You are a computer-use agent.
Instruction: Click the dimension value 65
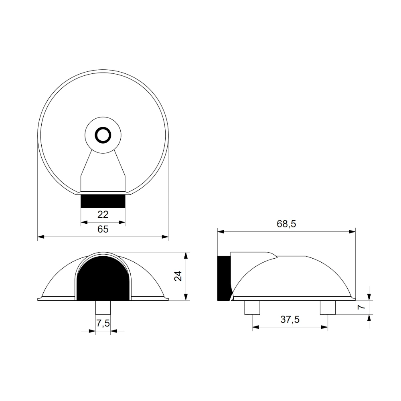pyautogui.click(x=103, y=229)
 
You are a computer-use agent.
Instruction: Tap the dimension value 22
pyautogui.click(x=103, y=214)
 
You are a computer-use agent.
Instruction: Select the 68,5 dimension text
pyautogui.click(x=286, y=224)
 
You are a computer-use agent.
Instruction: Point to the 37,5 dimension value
pyautogui.click(x=290, y=320)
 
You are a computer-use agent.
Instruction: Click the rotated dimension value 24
pyautogui.click(x=178, y=276)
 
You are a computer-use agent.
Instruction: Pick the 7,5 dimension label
pyautogui.click(x=103, y=323)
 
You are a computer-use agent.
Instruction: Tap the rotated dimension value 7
pyautogui.click(x=361, y=307)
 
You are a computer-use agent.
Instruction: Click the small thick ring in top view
pyautogui.click(x=103, y=135)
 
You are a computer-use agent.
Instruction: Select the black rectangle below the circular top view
pyautogui.click(x=103, y=201)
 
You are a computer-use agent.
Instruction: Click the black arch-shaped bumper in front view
pyautogui.click(x=103, y=279)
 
